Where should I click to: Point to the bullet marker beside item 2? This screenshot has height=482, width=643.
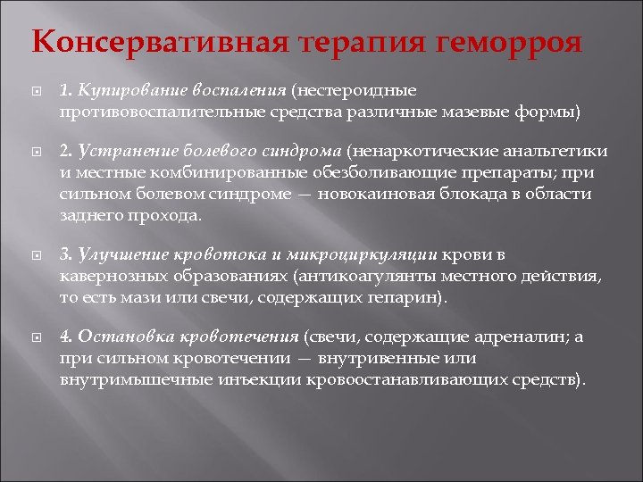(34, 153)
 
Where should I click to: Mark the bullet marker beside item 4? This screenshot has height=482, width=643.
(34, 338)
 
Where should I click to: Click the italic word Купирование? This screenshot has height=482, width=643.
(122, 90)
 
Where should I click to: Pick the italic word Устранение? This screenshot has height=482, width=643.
(120, 152)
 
